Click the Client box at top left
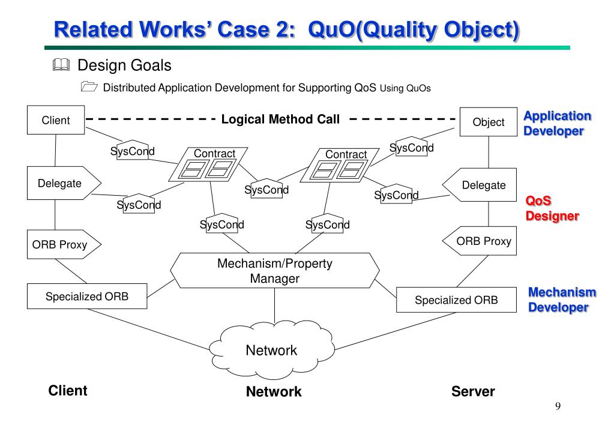[56, 120]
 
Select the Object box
[489, 122]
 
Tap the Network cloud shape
[272, 350]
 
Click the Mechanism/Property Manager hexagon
[274, 270]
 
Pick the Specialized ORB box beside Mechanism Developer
[456, 300]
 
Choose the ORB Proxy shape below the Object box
[480, 241]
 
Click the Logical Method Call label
[280, 119]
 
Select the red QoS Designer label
[552, 208]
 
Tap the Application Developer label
[557, 123]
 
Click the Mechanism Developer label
[562, 300]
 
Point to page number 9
[558, 406]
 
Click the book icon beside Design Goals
[61, 65]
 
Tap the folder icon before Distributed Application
[89, 86]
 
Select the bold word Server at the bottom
[473, 391]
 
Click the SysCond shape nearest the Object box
[412, 147]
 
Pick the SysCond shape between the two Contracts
[266, 189]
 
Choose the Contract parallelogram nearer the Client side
[208, 164]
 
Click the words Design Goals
[124, 65]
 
